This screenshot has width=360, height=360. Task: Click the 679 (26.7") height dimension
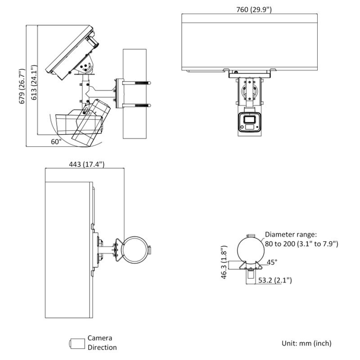tap(21, 87)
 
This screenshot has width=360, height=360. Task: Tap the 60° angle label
tap(56, 141)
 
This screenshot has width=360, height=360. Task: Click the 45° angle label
tap(273, 262)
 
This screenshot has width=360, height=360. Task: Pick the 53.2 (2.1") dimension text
tap(275, 280)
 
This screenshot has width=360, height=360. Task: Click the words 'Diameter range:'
tap(291, 234)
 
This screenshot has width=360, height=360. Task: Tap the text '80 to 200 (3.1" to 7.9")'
tap(301, 243)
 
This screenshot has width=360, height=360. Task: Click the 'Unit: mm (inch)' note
tap(306, 343)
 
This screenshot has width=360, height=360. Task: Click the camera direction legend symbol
tap(77, 343)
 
